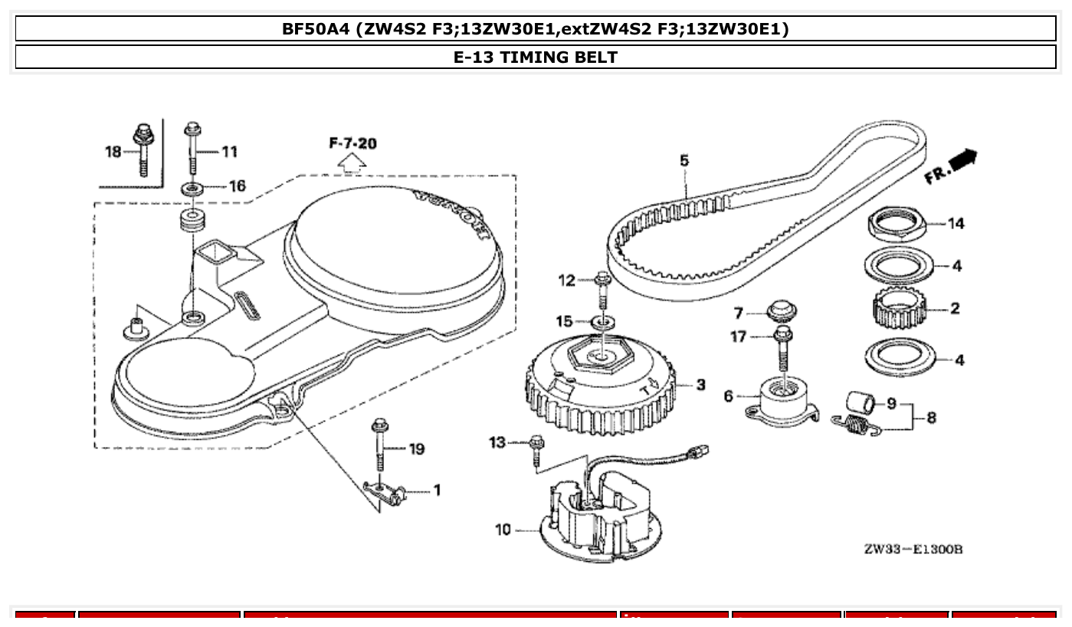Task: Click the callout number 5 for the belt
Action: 684,160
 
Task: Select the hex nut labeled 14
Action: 897,222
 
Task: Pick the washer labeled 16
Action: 192,187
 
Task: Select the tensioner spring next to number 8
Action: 857,424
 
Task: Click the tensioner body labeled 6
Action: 785,402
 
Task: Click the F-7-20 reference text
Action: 352,143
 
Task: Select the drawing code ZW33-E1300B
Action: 912,550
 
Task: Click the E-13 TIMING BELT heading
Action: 536,57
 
